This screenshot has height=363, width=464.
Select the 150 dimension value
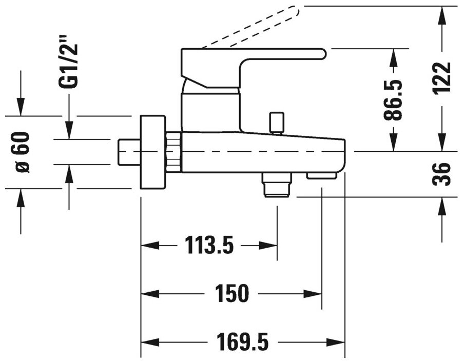coord(232,293)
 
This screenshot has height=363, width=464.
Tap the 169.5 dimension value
coord(243,340)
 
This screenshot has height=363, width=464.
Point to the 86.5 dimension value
coord(394,100)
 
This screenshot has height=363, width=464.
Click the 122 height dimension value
coord(441,77)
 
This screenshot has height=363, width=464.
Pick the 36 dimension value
coord(441,174)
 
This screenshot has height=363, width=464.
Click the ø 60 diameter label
coord(21,152)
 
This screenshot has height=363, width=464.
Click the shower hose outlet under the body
coord(276,184)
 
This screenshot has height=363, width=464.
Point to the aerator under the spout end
coord(321,176)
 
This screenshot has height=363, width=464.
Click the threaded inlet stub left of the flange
coord(129,152)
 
